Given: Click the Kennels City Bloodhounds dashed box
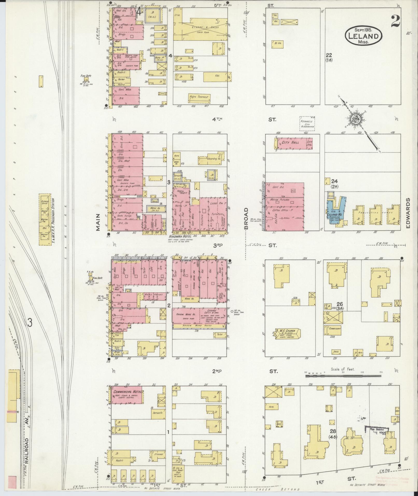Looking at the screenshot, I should [x=307, y=123].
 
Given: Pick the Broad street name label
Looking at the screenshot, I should [x=246, y=218].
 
